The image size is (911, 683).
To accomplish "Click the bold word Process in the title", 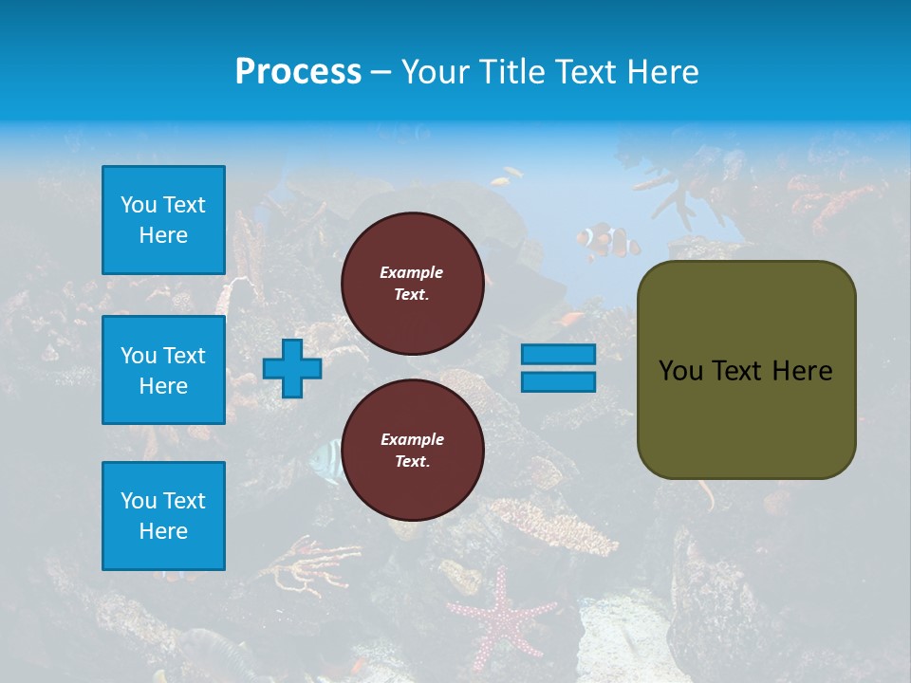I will tap(298, 72).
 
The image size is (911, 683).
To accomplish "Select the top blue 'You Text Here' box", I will tap(163, 220).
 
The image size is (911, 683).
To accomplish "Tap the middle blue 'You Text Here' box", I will tap(163, 370).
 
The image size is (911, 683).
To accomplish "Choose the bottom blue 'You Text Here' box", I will tap(163, 516).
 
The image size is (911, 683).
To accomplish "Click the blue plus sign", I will tap(292, 368).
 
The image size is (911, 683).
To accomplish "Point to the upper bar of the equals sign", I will tap(558, 354).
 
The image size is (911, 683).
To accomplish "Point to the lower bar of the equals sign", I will tap(558, 381).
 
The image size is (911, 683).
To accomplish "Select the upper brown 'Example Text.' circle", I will tap(412, 284).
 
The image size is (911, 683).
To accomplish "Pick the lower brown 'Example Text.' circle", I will tap(412, 451).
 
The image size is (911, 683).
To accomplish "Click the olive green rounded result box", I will tap(746, 370).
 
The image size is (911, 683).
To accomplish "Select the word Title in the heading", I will tap(513, 72).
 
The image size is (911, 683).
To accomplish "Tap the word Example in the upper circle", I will tap(411, 272).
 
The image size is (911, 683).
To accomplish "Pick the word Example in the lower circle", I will tap(412, 439).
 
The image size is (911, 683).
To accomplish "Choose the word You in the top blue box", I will tap(139, 205).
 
